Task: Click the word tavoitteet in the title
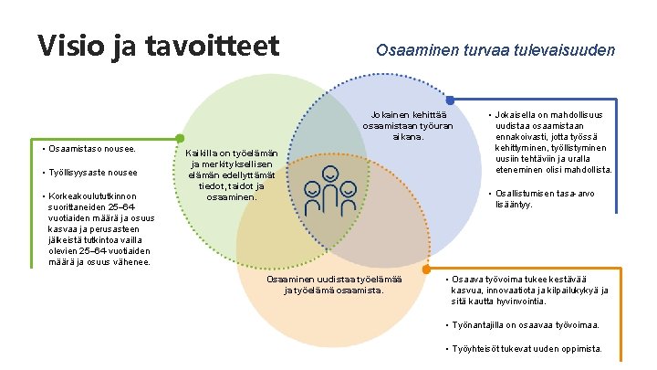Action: pos(213,46)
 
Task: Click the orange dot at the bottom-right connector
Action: pos(425,270)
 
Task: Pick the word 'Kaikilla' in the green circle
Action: pos(203,153)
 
